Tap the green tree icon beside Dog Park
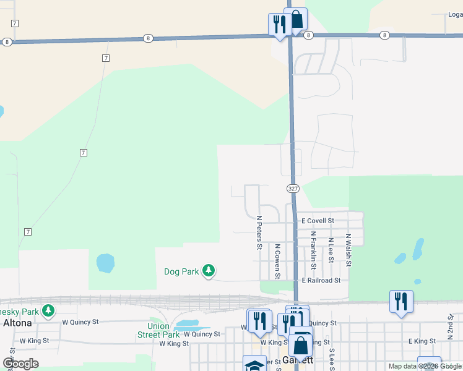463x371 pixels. (209, 270)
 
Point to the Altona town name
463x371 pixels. (14, 323)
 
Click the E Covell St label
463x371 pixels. (318, 221)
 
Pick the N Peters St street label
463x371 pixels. (259, 233)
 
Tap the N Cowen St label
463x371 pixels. (278, 261)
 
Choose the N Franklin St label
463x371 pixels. (314, 250)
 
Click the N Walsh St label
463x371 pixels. (349, 250)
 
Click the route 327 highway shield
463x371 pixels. (293, 187)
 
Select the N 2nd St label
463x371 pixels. (451, 323)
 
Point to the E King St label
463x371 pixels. (422, 341)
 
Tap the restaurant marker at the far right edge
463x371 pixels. (402, 302)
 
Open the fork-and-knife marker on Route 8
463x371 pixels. (279, 25)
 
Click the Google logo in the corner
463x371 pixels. (20, 364)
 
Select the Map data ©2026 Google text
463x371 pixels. (424, 366)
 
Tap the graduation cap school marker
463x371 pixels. (254, 365)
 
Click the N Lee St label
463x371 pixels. (331, 250)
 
